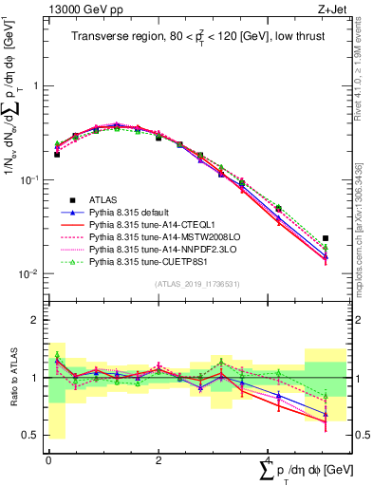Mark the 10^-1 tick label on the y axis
point(30,179)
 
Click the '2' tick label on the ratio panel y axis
point(35,320)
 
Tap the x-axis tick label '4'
point(270,459)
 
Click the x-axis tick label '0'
point(48,459)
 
